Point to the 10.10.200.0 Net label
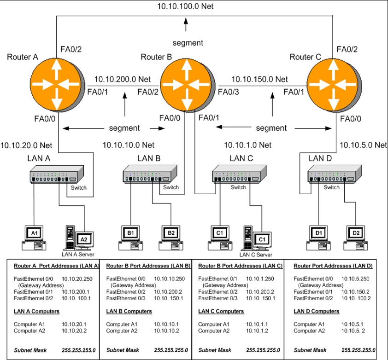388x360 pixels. [x=123, y=79]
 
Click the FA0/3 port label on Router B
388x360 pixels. [x=228, y=92]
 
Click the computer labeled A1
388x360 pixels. [x=34, y=236]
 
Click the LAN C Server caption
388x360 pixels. [x=256, y=254]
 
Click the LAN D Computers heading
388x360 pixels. [x=316, y=311]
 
